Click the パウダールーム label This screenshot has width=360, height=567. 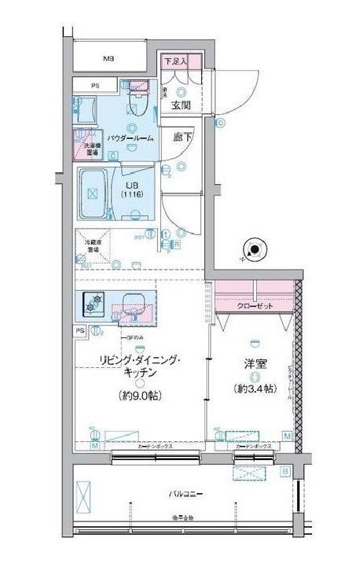pyautogui.click(x=129, y=138)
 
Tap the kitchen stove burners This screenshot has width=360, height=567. pyautogui.click(x=94, y=300)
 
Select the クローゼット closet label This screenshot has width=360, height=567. pyautogui.click(x=255, y=305)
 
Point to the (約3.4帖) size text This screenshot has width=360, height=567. pyautogui.click(x=254, y=388)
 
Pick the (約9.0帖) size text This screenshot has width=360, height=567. pyautogui.click(x=141, y=396)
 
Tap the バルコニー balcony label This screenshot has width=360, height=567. pyautogui.click(x=186, y=494)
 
